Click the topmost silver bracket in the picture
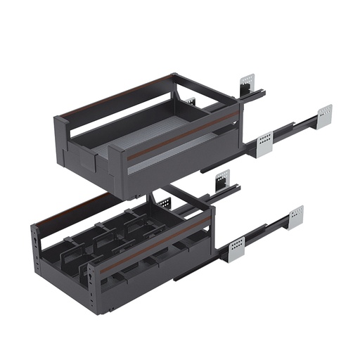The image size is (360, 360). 247,83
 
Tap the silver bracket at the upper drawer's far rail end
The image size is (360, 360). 324,115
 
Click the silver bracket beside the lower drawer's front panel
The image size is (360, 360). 236,247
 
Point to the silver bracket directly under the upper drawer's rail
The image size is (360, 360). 222,179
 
